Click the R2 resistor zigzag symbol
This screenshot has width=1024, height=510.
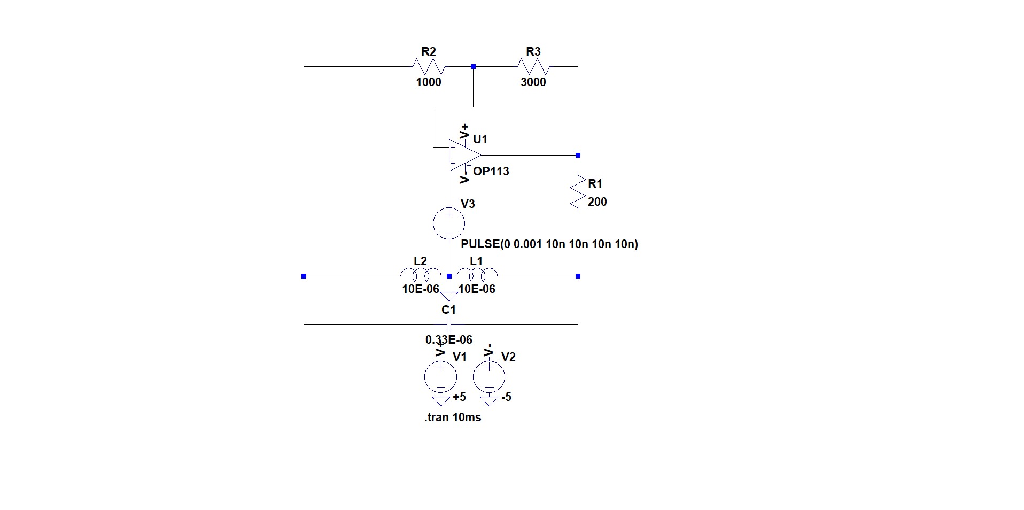[x=429, y=67]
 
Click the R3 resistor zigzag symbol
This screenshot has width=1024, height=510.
[x=533, y=67]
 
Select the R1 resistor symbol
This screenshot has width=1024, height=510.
[x=578, y=192]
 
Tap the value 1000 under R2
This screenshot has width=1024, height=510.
[x=429, y=82]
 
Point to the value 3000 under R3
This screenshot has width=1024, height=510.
[x=533, y=82]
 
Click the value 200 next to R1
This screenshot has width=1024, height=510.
[x=598, y=202]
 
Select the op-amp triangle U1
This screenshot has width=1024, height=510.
[x=463, y=156]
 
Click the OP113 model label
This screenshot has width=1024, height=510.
[x=491, y=172]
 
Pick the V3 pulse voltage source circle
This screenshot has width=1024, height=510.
[x=449, y=223]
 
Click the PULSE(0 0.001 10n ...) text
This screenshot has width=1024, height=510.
[x=549, y=244]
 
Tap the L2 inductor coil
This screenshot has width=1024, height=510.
[x=421, y=275]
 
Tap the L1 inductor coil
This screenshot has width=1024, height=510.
[x=477, y=275]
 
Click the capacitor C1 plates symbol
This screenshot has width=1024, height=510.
[x=449, y=324]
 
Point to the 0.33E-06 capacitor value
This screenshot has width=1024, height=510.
[x=449, y=340]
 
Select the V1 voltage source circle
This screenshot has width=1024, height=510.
[x=441, y=376]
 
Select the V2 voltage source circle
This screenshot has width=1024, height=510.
[x=489, y=376]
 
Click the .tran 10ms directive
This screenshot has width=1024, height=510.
[x=453, y=418]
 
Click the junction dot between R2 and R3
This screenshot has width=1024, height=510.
[x=473, y=67]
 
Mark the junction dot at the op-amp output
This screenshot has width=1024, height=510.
[x=578, y=156]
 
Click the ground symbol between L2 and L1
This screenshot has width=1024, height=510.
[x=449, y=296]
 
